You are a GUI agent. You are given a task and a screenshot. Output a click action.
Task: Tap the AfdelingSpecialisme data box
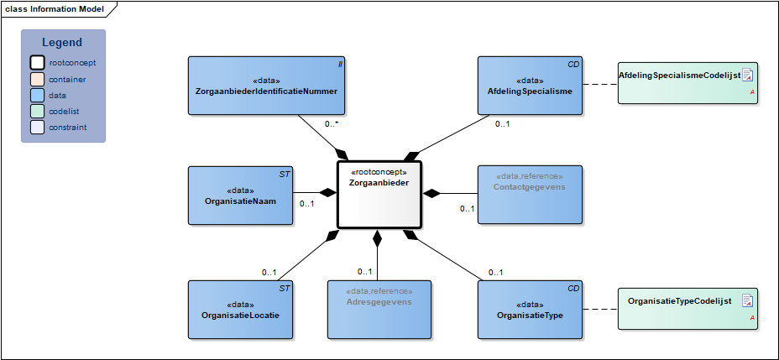(530, 85)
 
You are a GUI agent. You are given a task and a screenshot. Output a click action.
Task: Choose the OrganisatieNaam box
(240, 196)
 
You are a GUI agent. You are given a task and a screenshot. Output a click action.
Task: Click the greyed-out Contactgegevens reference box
(530, 196)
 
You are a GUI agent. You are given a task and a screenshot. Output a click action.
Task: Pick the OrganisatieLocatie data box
(240, 309)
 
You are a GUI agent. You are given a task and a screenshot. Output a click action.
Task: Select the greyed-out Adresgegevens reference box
(379, 309)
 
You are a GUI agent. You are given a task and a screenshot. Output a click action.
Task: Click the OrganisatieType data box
(530, 309)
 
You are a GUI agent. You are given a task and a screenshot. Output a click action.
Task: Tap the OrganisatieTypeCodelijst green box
(688, 308)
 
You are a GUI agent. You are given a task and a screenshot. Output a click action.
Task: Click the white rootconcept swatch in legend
(37, 63)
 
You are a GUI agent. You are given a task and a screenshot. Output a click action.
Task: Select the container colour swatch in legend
(37, 79)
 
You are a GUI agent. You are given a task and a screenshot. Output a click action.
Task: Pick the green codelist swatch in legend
(37, 112)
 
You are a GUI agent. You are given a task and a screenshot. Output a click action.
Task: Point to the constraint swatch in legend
(37, 128)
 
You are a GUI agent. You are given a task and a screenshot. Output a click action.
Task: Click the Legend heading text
(63, 43)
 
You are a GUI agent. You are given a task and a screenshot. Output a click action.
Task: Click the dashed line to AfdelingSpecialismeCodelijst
(599, 85)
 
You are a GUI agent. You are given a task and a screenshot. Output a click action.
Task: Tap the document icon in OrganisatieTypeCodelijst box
(747, 300)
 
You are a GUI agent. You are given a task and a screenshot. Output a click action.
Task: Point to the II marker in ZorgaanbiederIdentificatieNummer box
(340, 63)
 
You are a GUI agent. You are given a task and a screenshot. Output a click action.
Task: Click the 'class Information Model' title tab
(55, 8)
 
